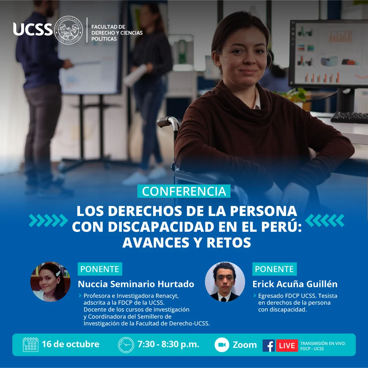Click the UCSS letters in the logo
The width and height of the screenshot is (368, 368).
point(33,29)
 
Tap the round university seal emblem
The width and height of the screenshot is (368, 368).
point(68,30)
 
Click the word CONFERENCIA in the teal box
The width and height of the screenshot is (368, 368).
point(184,191)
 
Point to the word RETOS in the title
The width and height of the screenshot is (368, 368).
point(229,243)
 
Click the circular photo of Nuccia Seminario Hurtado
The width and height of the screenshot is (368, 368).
point(50,282)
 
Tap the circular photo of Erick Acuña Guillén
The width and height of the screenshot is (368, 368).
point(225,282)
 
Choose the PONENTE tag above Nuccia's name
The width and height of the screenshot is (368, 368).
point(100,269)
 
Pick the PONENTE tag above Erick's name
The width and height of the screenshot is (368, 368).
point(275,269)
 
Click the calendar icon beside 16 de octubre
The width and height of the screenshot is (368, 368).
point(31,344)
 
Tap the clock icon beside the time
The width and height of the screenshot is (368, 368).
point(126,345)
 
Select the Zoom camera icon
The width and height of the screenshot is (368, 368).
point(222,345)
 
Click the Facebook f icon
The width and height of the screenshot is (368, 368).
point(269,346)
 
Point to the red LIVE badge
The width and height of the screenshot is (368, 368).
point(287,346)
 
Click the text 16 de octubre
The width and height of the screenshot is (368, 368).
point(71,344)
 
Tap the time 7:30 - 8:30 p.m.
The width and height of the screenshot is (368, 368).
point(168,344)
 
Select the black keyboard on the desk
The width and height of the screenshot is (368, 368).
point(349,117)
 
